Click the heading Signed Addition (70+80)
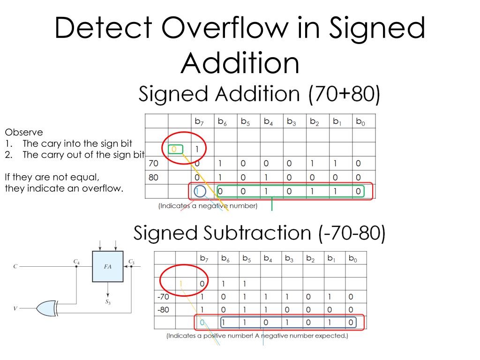click(259, 94)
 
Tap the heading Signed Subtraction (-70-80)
click(259, 233)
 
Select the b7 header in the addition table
click(199, 122)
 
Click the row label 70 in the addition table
click(153, 164)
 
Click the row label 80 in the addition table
click(153, 178)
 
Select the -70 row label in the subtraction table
click(163, 296)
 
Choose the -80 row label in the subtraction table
click(163, 309)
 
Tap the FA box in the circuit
click(107, 266)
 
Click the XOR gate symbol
click(45, 308)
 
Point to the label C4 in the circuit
click(76, 261)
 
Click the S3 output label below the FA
click(108, 302)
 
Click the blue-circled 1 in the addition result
click(197, 192)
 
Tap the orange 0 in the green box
click(174, 150)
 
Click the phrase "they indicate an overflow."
click(64, 188)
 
